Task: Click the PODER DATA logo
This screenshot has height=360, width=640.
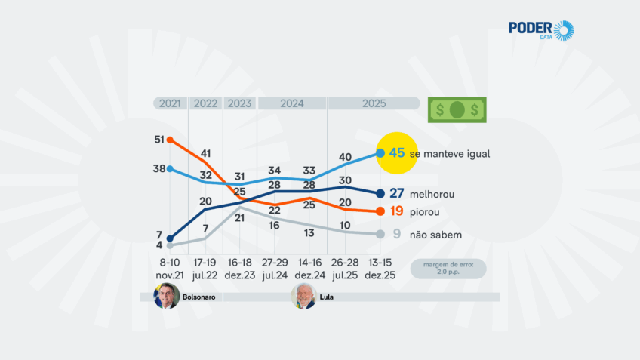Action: pyautogui.click(x=541, y=30)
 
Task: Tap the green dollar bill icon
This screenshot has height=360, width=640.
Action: pyautogui.click(x=457, y=110)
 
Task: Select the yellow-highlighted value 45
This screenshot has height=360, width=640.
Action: pyautogui.click(x=398, y=153)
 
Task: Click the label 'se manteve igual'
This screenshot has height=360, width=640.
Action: pyautogui.click(x=450, y=154)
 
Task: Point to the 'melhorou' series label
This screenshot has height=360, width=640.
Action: pyautogui.click(x=432, y=194)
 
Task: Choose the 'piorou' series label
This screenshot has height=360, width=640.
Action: pyautogui.click(x=425, y=212)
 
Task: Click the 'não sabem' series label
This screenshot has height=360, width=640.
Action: pyautogui.click(x=435, y=235)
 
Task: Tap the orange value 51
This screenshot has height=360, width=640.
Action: pyautogui.click(x=159, y=140)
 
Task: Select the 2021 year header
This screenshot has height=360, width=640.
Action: pyautogui.click(x=170, y=103)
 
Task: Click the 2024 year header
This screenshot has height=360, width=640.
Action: pyautogui.click(x=292, y=103)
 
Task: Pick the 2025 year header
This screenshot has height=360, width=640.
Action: pyautogui.click(x=374, y=103)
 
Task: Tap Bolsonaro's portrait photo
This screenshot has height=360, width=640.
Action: pyautogui.click(x=167, y=297)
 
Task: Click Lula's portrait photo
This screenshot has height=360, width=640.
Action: pyautogui.click(x=303, y=297)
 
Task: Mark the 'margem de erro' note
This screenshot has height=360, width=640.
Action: pyautogui.click(x=448, y=269)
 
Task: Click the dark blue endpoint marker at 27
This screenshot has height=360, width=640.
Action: pyautogui.click(x=380, y=194)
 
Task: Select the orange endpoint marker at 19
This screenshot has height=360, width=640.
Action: pyautogui.click(x=380, y=212)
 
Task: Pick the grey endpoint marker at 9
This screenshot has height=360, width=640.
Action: pyautogui.click(x=380, y=235)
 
